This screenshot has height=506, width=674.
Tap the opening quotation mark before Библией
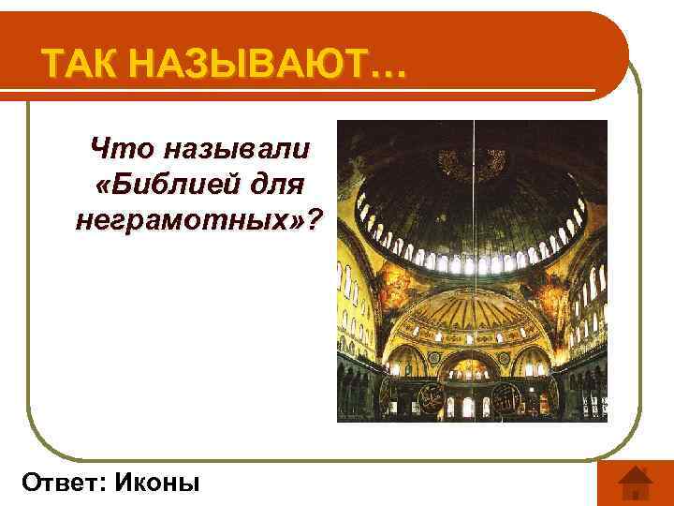click(103, 185)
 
